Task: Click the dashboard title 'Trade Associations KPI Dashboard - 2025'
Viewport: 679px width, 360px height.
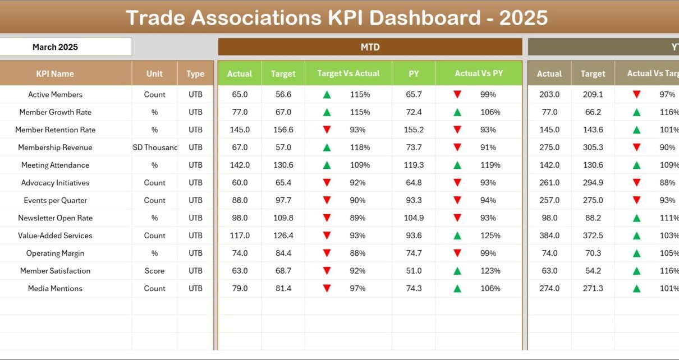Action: pyautogui.click(x=337, y=17)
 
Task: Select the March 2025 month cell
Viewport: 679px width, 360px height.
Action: pyautogui.click(x=55, y=47)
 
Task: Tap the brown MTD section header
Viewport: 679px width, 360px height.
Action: pyautogui.click(x=370, y=47)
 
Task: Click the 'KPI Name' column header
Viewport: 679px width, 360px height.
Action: pyautogui.click(x=55, y=73)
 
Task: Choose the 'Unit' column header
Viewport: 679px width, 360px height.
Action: pyautogui.click(x=154, y=73)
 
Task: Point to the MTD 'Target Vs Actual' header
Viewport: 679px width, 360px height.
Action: pyautogui.click(x=348, y=73)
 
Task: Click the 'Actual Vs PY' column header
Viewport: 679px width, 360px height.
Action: pyautogui.click(x=479, y=73)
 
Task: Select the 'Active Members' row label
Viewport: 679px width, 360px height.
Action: pyautogui.click(x=55, y=95)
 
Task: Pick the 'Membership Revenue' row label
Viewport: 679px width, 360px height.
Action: pyautogui.click(x=55, y=147)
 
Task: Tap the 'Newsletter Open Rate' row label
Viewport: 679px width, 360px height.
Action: pyautogui.click(x=55, y=218)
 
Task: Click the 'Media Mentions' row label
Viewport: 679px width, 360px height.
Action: pyautogui.click(x=55, y=289)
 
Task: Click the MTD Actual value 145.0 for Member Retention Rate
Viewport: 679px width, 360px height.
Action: pyautogui.click(x=240, y=130)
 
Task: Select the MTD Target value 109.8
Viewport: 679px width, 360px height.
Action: pyautogui.click(x=283, y=218)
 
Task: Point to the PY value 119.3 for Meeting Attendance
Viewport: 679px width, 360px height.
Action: pyautogui.click(x=414, y=165)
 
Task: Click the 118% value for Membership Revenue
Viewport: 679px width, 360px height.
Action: pyautogui.click(x=360, y=147)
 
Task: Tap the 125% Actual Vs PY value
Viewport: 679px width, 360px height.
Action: pyautogui.click(x=490, y=236)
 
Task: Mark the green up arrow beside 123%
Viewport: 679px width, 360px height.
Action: pyautogui.click(x=457, y=271)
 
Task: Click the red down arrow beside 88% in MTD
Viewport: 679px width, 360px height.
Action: pyautogui.click(x=327, y=253)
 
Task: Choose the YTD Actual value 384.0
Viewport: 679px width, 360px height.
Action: pyautogui.click(x=549, y=236)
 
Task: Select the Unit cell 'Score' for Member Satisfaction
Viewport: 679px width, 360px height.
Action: pyautogui.click(x=154, y=271)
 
